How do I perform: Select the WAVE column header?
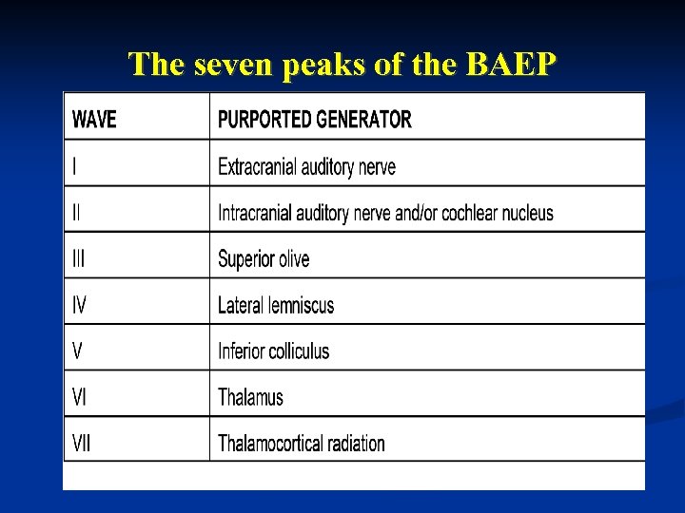[x=94, y=120]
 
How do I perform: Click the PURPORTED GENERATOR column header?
[x=315, y=120]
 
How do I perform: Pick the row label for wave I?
[x=75, y=167]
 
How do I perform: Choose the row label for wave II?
[x=77, y=213]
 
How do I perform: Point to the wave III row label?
[x=79, y=258]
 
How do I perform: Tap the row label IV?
[x=80, y=305]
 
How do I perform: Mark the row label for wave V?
[x=78, y=351]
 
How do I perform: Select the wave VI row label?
[x=80, y=397]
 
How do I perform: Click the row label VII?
[x=82, y=443]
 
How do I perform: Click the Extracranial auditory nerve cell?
[x=306, y=167]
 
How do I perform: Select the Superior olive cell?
[x=264, y=258]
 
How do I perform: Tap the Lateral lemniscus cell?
[x=276, y=305]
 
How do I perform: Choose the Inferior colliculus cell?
[x=274, y=351]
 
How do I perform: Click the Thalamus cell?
[x=250, y=397]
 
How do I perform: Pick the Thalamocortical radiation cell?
[x=302, y=443]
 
